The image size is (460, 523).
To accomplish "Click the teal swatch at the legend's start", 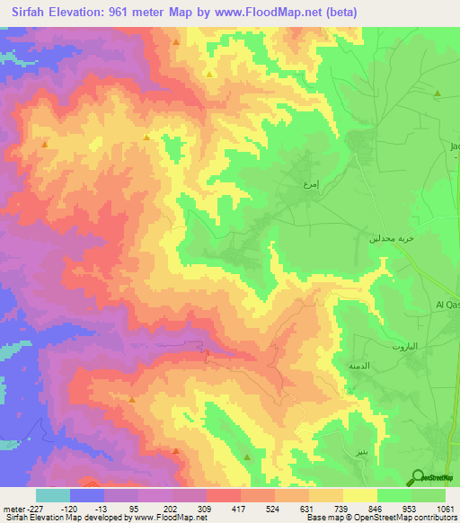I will pos(53,495).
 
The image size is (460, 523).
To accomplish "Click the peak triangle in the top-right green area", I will pos(438,93).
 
